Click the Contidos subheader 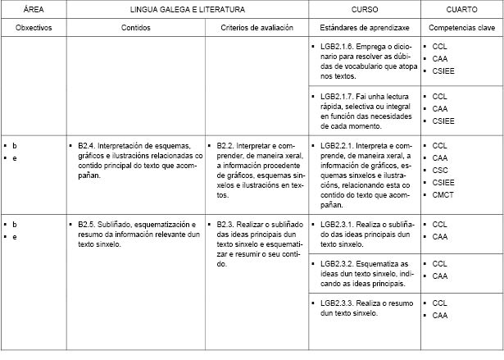134,28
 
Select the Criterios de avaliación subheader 256,28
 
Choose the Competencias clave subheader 463,28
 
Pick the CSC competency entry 440,170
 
